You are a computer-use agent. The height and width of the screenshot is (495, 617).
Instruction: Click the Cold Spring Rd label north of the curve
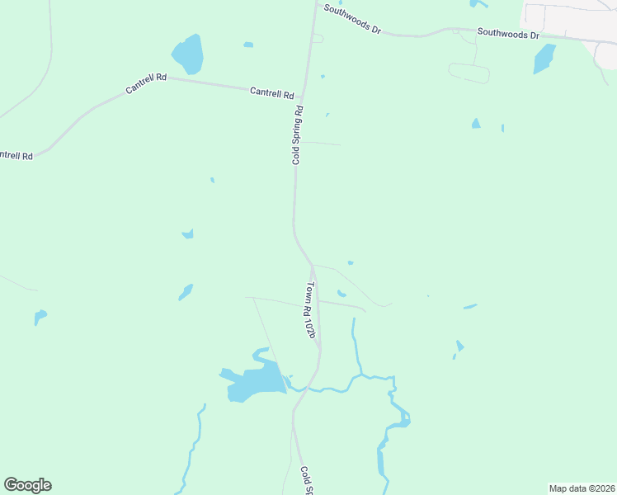point(297,134)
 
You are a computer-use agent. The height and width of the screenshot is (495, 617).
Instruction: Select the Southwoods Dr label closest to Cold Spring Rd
point(352,19)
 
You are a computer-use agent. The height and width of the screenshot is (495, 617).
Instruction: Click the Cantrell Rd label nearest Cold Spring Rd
point(272,93)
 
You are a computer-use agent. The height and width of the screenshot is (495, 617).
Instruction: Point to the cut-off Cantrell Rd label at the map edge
point(16,154)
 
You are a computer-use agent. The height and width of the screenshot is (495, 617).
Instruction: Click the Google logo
point(27,485)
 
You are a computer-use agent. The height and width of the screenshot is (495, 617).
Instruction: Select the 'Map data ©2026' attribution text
point(582,488)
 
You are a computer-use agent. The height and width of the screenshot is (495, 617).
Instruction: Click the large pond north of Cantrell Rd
point(188,54)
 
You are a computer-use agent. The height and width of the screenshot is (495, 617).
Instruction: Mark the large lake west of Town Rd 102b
point(256,382)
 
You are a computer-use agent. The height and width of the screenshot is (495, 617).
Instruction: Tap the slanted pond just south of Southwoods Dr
point(544,59)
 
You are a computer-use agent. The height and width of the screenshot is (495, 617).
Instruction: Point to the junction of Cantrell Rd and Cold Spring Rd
point(303,97)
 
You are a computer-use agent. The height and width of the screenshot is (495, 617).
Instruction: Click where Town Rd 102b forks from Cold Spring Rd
point(312,266)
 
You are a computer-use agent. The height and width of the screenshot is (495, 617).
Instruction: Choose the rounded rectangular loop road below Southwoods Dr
point(469,73)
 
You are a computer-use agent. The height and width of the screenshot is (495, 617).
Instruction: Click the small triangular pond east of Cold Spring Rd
point(475,124)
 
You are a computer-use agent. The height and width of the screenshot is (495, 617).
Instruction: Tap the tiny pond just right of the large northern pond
point(248,45)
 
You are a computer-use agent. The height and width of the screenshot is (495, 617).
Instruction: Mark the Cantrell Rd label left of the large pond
point(146,83)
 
